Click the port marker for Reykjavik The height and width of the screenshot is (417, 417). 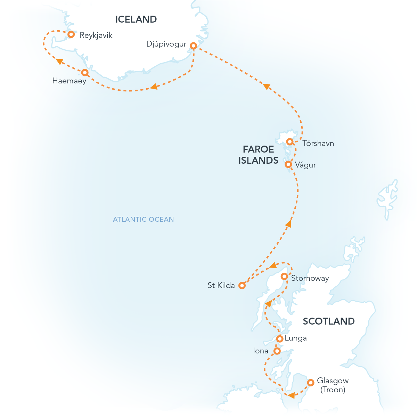click(71, 34)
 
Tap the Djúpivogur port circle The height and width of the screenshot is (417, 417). click(193, 46)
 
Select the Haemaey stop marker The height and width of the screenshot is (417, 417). click(84, 72)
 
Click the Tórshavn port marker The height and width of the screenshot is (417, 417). click(289, 141)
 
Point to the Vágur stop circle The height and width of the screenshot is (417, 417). click(288, 164)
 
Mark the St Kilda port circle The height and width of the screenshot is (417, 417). click(242, 286)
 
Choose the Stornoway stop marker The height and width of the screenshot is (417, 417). click(284, 276)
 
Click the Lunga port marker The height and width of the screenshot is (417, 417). click(279, 338)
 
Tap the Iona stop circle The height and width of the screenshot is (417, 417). click(277, 351)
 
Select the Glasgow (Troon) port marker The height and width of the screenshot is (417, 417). click(311, 383)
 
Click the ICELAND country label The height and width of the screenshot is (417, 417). click(136, 19)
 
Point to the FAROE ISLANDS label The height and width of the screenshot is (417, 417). click(258, 155)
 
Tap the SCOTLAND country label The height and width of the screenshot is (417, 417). click(328, 321)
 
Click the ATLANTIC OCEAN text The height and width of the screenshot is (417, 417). click(143, 219)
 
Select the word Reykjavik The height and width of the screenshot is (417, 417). click(96, 35)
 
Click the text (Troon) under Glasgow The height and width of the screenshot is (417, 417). click(333, 390)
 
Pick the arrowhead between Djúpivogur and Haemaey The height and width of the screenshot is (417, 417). click(154, 87)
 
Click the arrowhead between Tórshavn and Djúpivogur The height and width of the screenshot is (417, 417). click(266, 86)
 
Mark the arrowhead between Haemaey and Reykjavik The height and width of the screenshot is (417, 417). click(59, 61)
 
